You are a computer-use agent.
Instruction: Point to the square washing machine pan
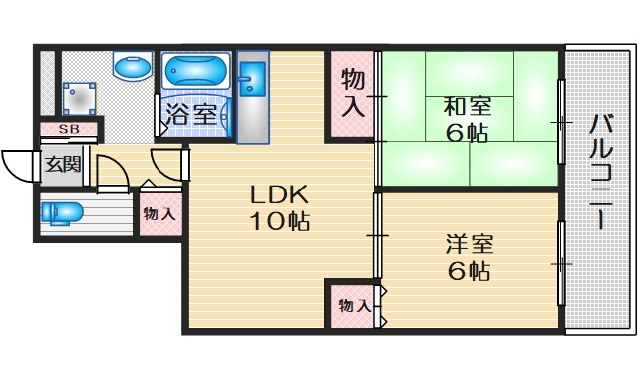point(79,100)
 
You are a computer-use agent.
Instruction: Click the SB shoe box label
point(70,129)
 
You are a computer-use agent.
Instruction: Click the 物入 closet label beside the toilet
point(159,213)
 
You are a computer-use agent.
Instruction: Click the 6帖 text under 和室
point(466,133)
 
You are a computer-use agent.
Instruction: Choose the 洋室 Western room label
point(468,243)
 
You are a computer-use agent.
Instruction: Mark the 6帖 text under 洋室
point(468,270)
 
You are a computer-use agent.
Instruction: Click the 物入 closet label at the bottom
point(353,305)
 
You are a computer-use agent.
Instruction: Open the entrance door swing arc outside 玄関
point(18,165)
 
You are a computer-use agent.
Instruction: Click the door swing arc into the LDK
point(166,165)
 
